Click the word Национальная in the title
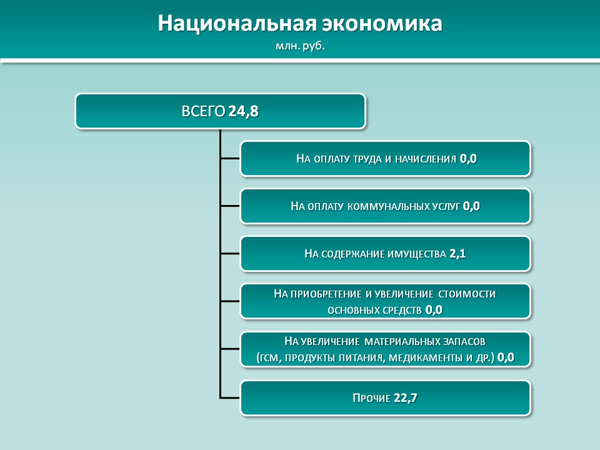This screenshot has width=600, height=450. [237, 23]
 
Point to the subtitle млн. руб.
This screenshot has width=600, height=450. [300, 46]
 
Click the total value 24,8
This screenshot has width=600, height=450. [243, 111]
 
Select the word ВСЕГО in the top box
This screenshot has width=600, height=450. [203, 111]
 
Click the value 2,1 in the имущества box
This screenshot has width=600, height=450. [457, 254]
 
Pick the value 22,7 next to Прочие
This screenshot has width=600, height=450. [405, 398]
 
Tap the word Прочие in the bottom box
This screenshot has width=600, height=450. [371, 398]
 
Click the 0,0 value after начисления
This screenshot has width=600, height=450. [468, 159]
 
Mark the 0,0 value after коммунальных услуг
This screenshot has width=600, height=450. [471, 206]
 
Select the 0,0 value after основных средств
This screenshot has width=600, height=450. [434, 309]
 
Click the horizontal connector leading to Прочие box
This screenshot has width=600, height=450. [230, 398]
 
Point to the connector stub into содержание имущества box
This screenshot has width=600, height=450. [230, 254]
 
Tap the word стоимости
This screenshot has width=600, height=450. [467, 294]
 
